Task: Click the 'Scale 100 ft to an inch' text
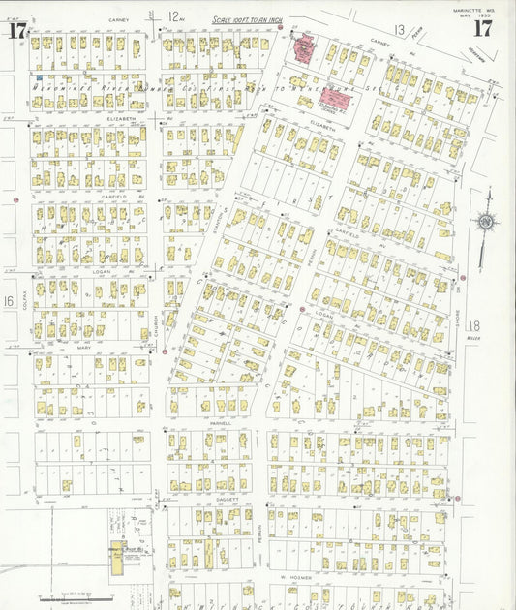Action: (x=248, y=19)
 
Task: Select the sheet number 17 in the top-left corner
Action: (x=16, y=30)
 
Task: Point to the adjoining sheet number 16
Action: (x=9, y=302)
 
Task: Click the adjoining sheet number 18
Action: (x=473, y=326)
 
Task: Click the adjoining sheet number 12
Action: (x=173, y=16)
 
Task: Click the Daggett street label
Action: (x=214, y=500)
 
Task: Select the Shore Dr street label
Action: (x=458, y=311)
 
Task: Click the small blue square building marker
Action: (x=39, y=77)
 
